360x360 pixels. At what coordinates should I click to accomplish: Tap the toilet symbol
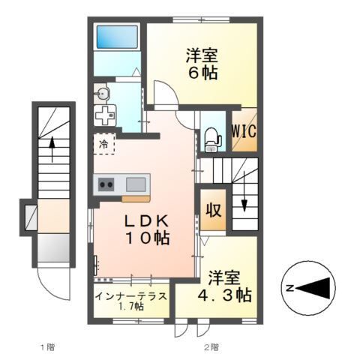coord(212,137)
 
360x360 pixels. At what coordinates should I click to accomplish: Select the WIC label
coord(244,130)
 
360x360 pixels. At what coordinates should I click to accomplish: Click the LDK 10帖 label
coord(147,229)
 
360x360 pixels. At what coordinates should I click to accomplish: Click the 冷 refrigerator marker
coord(103,142)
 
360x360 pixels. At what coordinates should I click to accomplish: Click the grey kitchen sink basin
coord(137,183)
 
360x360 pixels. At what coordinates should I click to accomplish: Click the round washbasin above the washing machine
coord(103,93)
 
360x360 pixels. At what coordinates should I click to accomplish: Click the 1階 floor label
coord(46,346)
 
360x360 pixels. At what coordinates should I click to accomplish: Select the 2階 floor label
coord(211,346)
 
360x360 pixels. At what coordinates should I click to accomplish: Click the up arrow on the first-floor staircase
coord(52,148)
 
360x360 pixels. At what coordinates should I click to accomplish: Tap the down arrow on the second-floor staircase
coord(244,199)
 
